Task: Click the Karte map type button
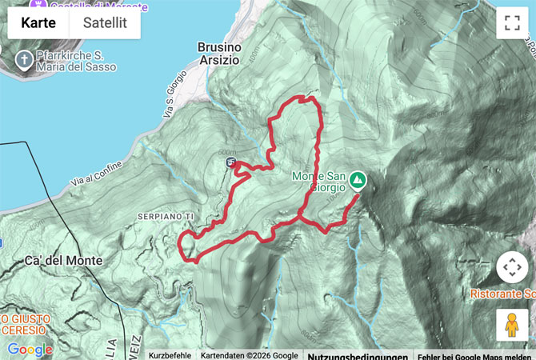tap(38, 22)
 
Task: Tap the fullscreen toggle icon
tap(512, 23)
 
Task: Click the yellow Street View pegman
tap(512, 324)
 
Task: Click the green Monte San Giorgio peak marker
tap(357, 181)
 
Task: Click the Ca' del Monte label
tap(63, 261)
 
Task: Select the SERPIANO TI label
tap(166, 217)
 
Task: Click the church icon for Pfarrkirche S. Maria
tap(24, 61)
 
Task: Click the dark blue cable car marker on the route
tap(231, 163)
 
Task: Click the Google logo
tap(30, 350)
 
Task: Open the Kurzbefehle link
tap(170, 355)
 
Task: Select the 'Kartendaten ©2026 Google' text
tap(248, 355)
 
